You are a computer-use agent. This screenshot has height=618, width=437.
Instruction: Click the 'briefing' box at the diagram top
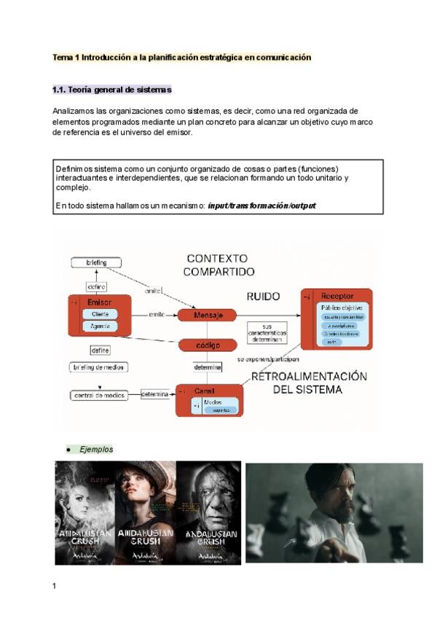coord(96,262)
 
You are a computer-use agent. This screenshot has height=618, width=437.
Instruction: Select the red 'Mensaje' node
coord(207,315)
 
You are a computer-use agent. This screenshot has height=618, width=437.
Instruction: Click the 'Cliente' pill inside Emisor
coord(101,314)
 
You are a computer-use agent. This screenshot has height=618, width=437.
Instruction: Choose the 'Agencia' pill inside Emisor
coord(101,326)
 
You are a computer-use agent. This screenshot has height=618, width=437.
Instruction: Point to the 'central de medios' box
coord(99,395)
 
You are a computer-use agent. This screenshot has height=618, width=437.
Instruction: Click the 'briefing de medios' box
coord(98,367)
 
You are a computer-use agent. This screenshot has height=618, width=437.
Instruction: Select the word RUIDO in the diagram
coord(263,297)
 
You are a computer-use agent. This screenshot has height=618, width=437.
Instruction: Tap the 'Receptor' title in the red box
coord(337,297)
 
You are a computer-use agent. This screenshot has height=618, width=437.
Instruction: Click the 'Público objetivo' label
coord(342,308)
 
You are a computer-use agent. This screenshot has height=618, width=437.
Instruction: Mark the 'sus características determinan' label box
coord(267,332)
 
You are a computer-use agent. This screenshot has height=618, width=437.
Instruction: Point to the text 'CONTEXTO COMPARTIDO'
coord(219,265)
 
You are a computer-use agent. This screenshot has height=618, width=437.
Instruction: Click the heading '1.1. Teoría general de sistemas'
coord(112,90)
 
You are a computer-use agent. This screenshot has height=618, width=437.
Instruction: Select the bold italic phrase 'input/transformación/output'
coord(261,206)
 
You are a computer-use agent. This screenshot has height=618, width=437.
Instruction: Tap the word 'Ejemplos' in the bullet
coord(96,450)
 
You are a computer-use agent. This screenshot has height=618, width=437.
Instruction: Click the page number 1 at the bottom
coord(54,585)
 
